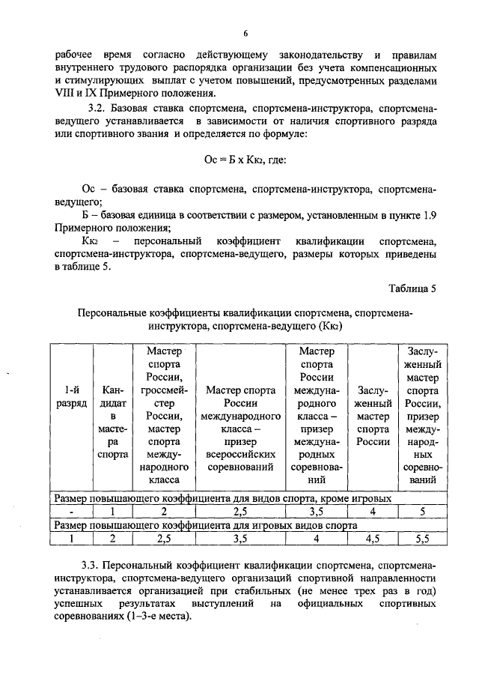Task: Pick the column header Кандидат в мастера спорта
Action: tap(112, 422)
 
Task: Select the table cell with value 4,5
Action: tap(373, 537)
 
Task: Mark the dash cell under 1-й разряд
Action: tap(69, 512)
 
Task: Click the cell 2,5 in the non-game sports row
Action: tap(240, 512)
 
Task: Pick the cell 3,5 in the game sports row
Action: tap(240, 537)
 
